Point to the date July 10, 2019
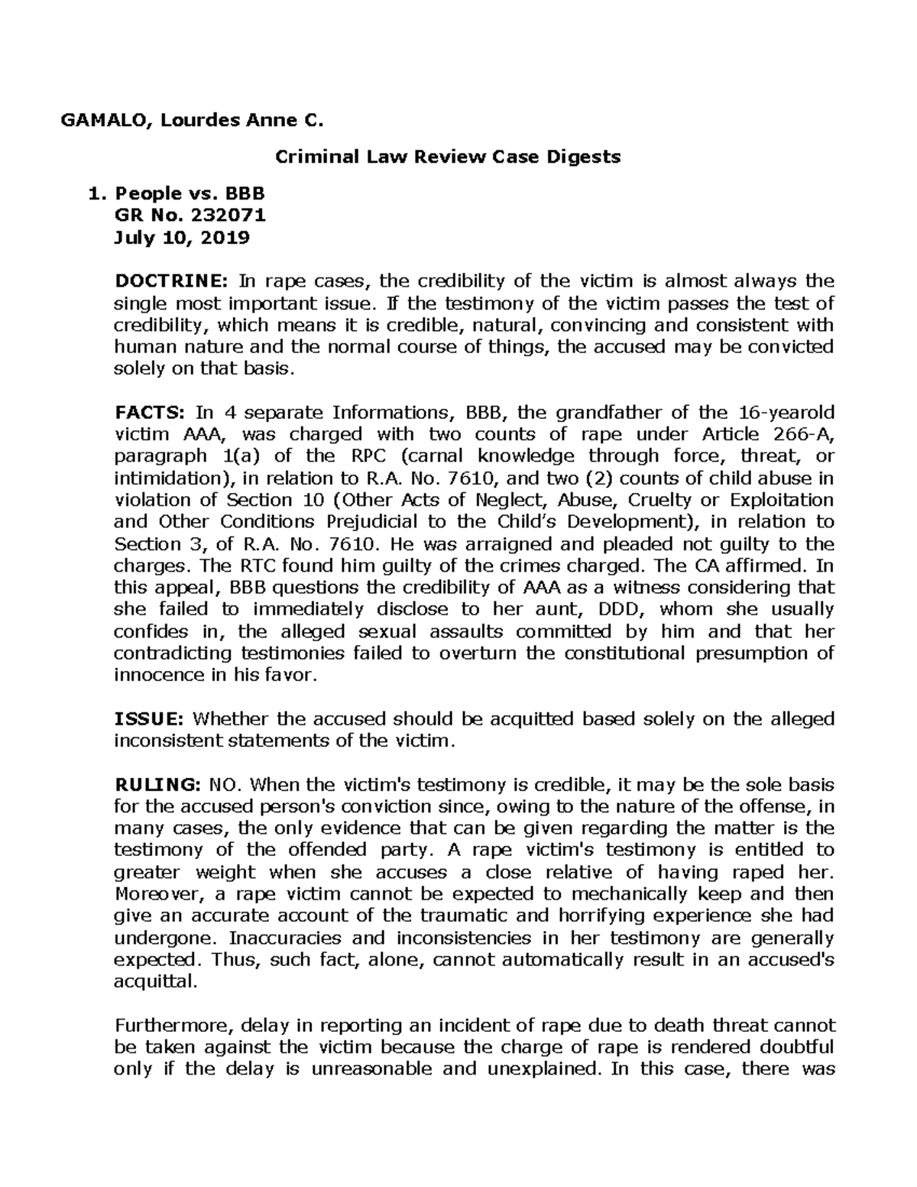[181, 238]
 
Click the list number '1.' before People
[95, 194]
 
